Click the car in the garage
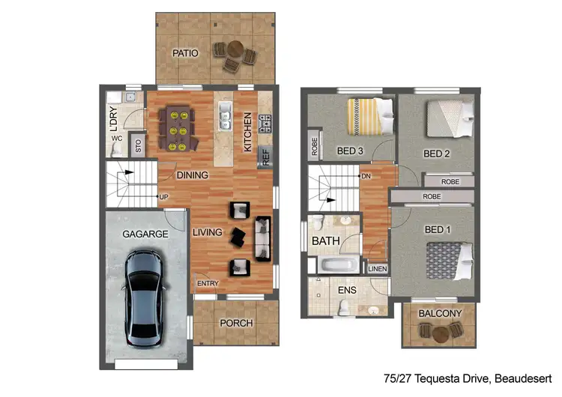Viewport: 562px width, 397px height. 144,297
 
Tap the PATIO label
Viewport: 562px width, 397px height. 185,53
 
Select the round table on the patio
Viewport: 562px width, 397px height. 235,52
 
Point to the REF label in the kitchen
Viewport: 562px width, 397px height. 265,156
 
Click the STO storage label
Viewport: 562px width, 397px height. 138,145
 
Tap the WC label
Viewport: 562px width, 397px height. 117,139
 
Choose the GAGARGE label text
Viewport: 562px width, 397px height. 146,234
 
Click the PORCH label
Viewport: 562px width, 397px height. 236,323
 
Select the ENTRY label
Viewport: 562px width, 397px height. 208,283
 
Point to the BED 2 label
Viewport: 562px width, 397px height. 436,154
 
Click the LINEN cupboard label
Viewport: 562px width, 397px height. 377,269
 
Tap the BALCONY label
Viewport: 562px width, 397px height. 439,313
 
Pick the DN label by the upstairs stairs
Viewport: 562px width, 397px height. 366,177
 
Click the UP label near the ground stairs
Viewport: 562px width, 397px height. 163,197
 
